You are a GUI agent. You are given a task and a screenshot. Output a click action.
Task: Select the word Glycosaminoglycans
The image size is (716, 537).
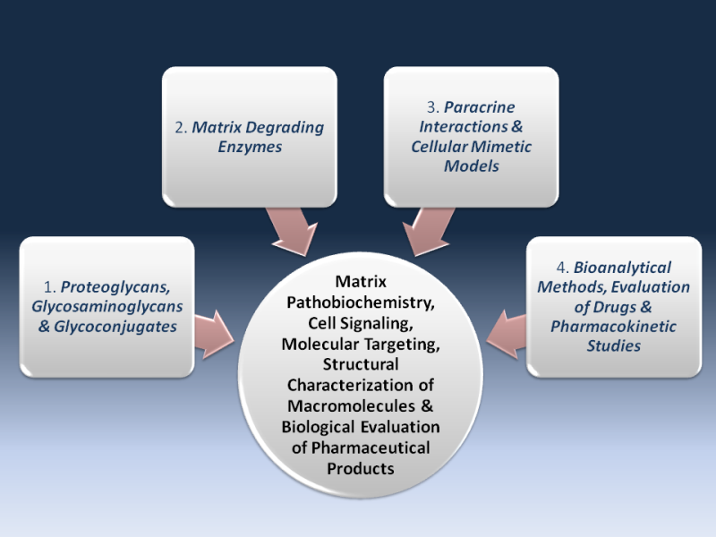(x=107, y=306)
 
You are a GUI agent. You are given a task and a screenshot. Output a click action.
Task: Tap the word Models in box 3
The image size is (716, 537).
(x=472, y=166)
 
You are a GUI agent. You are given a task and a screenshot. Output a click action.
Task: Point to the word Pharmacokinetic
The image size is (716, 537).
(x=612, y=327)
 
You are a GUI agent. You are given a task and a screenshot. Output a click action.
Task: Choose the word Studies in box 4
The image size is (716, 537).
(x=613, y=346)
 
